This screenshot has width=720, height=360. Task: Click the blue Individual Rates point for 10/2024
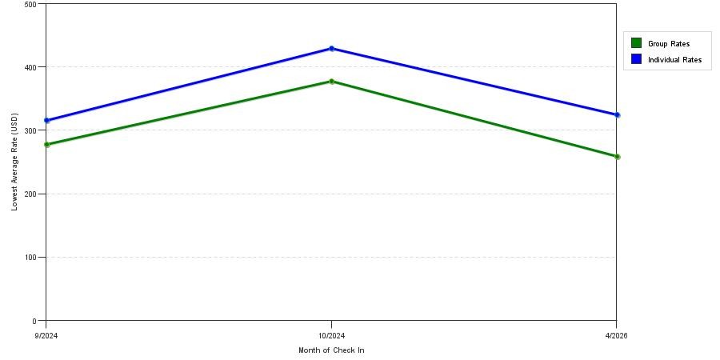pos(331,49)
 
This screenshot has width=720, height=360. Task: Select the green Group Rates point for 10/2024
pos(331,82)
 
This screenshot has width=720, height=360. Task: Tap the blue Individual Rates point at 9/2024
pos(47,121)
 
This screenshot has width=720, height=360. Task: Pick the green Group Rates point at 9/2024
pos(47,145)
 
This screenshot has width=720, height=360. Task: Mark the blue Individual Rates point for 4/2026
pos(617,115)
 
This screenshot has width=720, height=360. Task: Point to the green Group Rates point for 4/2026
pos(617,157)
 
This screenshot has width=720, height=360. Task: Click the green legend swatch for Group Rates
pos(636,43)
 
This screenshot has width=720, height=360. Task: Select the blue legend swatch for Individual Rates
pos(636,58)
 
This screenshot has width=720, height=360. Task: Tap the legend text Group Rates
pos(669,44)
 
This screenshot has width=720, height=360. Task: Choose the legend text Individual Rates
pos(674,60)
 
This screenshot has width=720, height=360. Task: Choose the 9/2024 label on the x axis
pos(46,336)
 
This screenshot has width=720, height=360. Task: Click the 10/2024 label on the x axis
pos(331,336)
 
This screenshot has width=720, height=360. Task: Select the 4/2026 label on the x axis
pos(616,336)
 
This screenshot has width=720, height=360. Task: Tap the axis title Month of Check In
pos(331,350)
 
